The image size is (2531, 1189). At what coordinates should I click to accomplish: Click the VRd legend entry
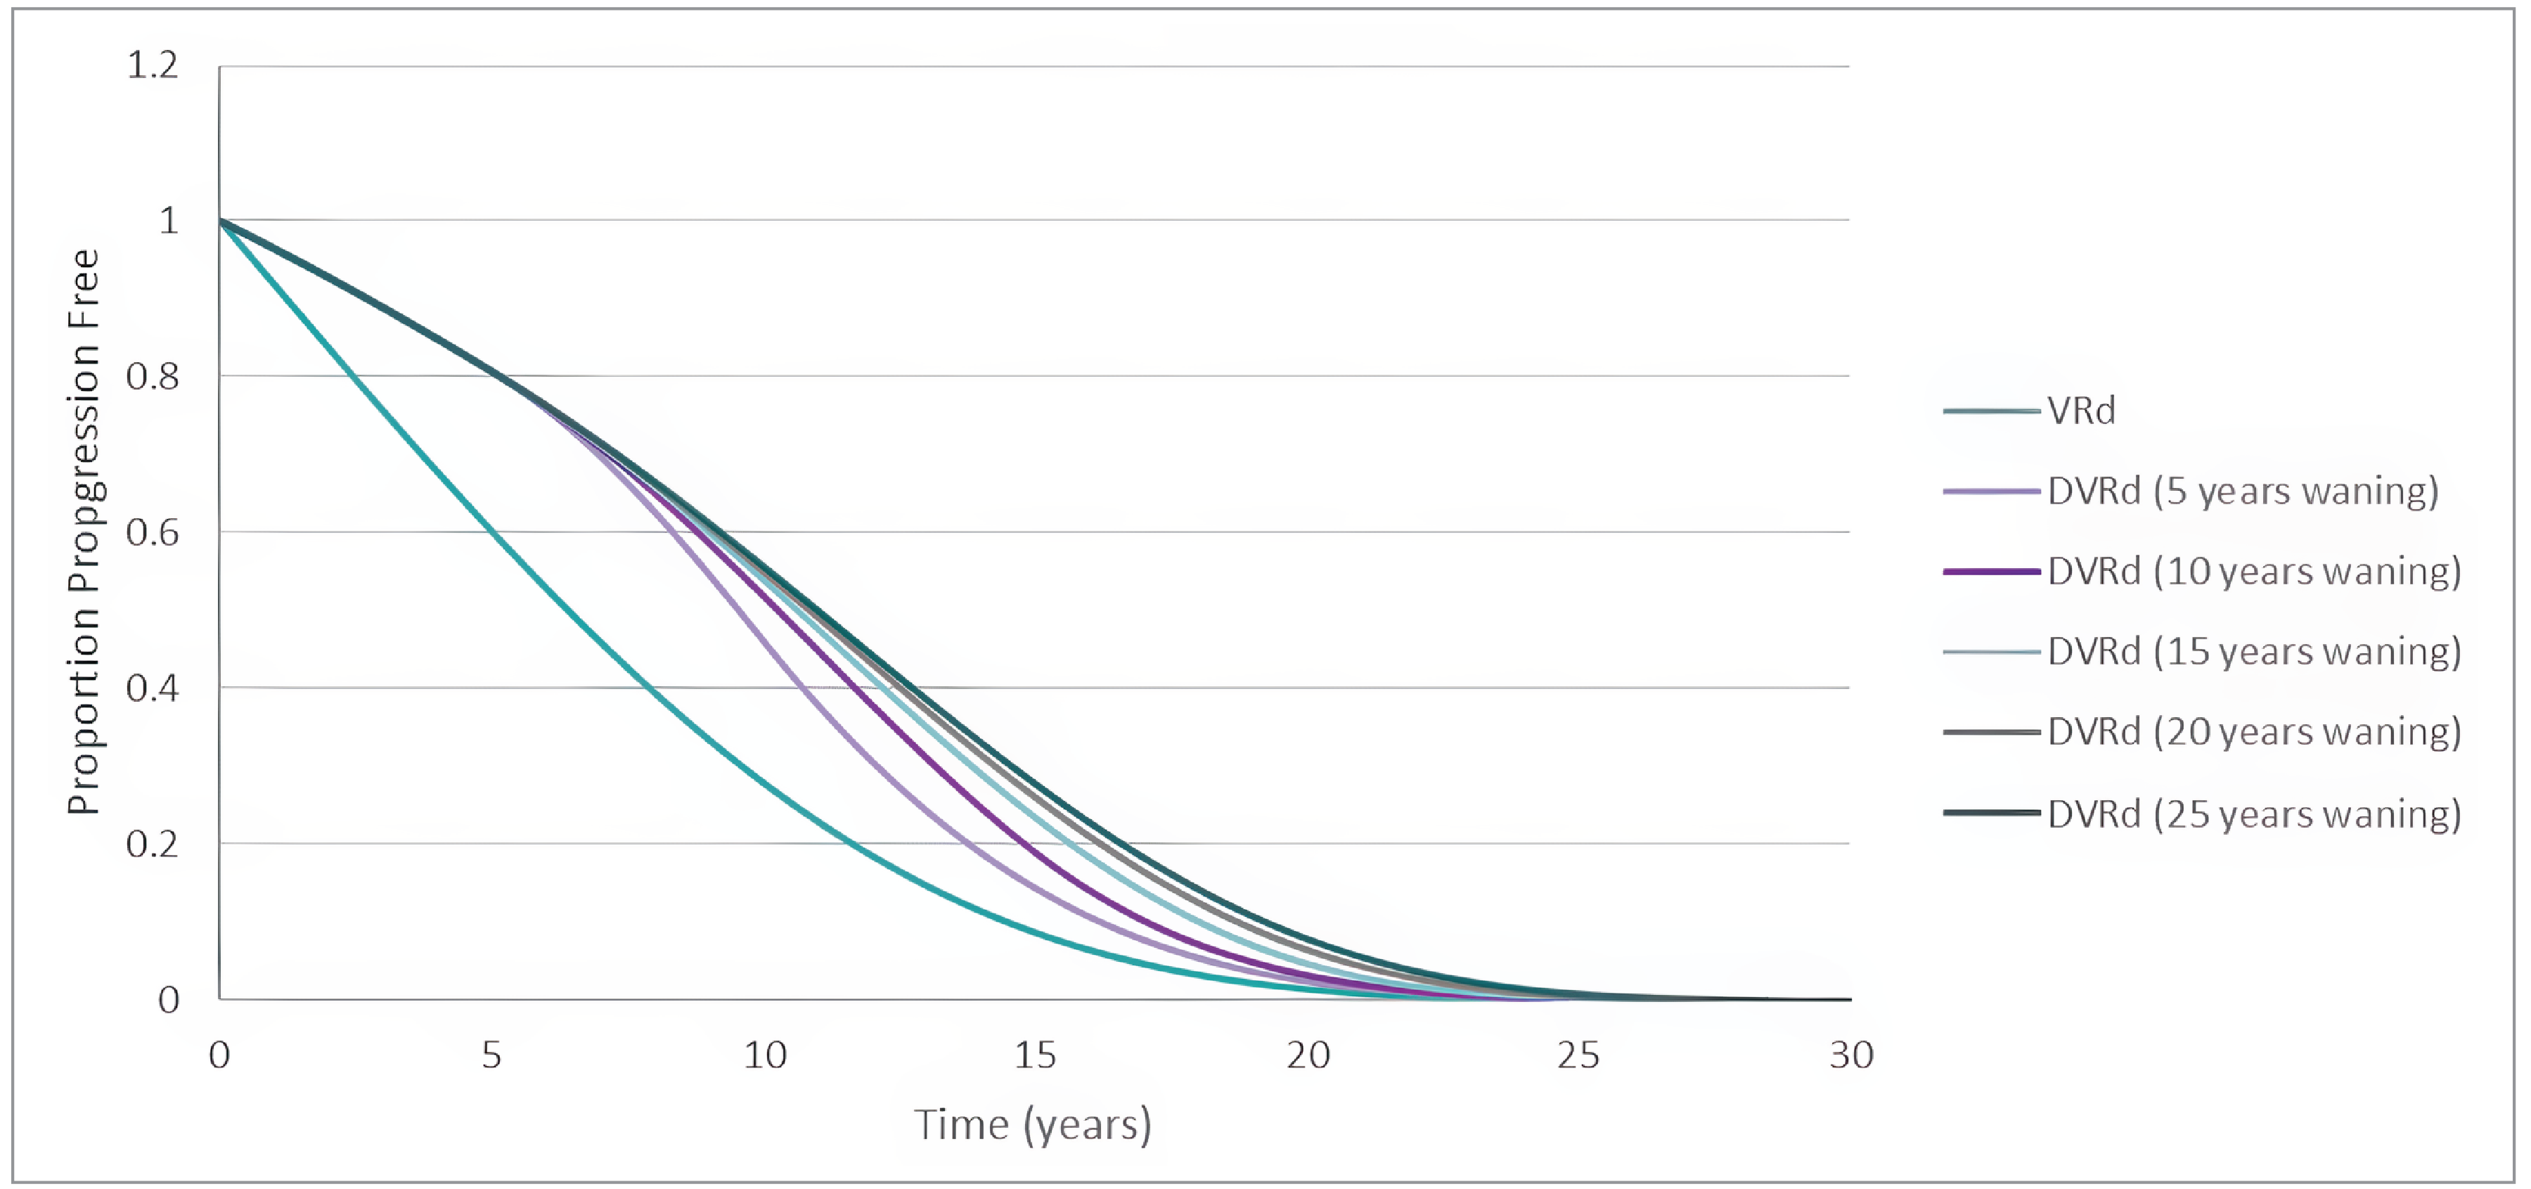[x=2080, y=410]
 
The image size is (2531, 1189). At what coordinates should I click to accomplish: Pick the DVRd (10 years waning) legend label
[x=2254, y=571]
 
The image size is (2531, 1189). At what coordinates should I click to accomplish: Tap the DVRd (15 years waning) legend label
[x=2254, y=652]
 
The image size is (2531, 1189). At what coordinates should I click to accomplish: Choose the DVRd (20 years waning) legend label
[x=2254, y=732]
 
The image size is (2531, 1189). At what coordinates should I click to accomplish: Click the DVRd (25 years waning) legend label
[x=2254, y=814]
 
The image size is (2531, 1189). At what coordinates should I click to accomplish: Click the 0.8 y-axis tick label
[x=153, y=376]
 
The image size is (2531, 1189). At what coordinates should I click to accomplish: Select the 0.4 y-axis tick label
[x=153, y=688]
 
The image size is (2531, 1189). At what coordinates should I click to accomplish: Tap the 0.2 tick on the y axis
[x=153, y=844]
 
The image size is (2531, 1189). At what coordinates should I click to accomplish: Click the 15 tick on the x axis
[x=1035, y=1055]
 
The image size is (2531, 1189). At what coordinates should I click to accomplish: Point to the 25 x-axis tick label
[x=1578, y=1055]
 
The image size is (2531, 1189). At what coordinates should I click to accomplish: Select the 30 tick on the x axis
[x=1851, y=1055]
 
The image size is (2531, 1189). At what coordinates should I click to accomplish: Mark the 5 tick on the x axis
[x=491, y=1055]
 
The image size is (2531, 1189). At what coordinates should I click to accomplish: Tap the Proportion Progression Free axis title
[x=84, y=532]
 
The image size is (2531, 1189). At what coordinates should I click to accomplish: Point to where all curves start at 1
[x=220, y=220]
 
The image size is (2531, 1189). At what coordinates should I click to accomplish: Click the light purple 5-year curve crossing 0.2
[x=968, y=843]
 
